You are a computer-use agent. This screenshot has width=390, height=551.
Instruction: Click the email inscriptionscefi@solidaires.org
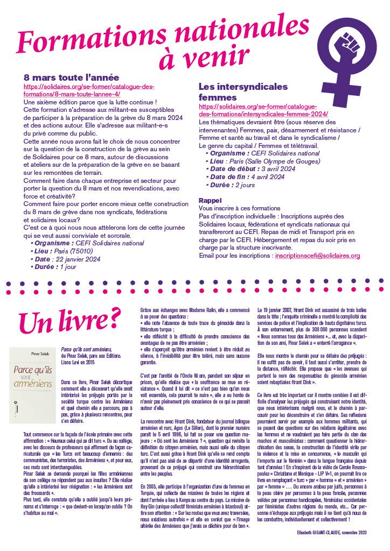click(x=317, y=256)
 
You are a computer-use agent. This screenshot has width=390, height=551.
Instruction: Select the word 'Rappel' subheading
click(x=212, y=200)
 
